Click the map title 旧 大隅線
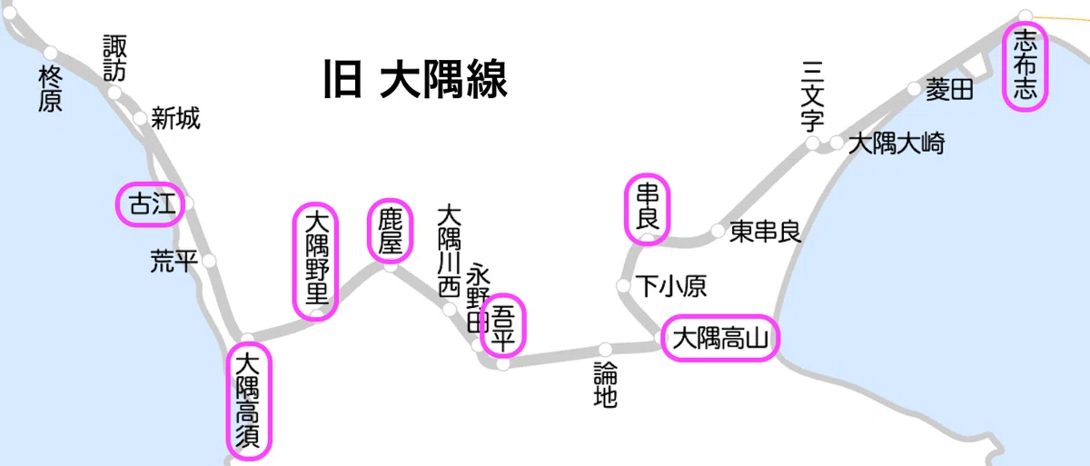click(415, 79)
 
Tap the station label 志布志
click(1025, 64)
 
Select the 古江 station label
click(153, 203)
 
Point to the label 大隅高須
click(248, 401)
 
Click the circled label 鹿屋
click(391, 231)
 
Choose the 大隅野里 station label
click(317, 256)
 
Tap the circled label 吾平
click(502, 326)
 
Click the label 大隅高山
click(720, 338)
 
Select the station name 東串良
click(765, 232)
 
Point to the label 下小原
click(671, 286)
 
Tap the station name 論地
click(605, 384)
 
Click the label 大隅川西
click(449, 251)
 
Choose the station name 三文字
click(812, 95)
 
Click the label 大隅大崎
click(897, 144)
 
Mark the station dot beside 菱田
click(915, 88)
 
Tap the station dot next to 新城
click(140, 118)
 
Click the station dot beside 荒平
click(209, 261)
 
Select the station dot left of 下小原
click(623, 285)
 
